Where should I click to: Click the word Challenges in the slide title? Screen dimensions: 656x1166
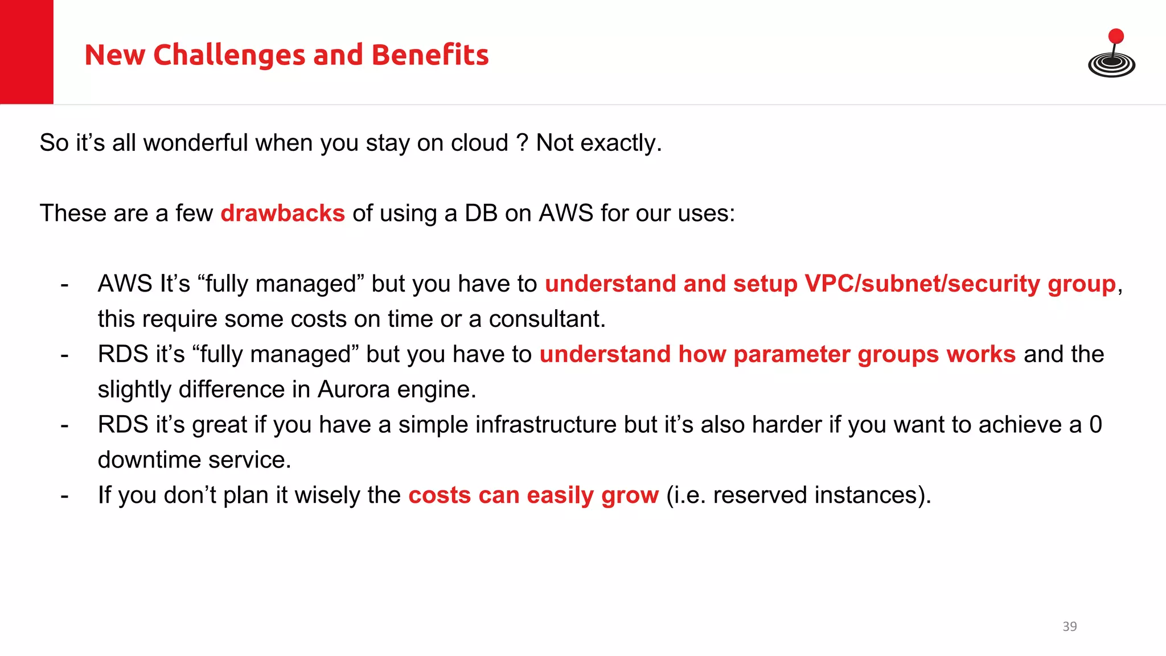229,55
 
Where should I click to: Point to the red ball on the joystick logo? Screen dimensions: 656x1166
1116,36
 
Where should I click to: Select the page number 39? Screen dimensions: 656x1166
1069,626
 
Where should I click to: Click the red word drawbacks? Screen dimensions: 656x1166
282,213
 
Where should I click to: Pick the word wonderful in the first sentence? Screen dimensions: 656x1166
195,142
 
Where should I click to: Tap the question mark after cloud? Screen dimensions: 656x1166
522,142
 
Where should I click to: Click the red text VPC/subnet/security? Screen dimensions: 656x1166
922,284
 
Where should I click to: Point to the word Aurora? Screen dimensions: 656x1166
353,389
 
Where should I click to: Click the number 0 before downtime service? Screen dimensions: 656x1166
1095,425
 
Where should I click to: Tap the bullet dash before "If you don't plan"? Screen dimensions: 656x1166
64,495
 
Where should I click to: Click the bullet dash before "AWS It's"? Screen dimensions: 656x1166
64,284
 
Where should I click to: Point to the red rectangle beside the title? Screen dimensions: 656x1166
27,52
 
